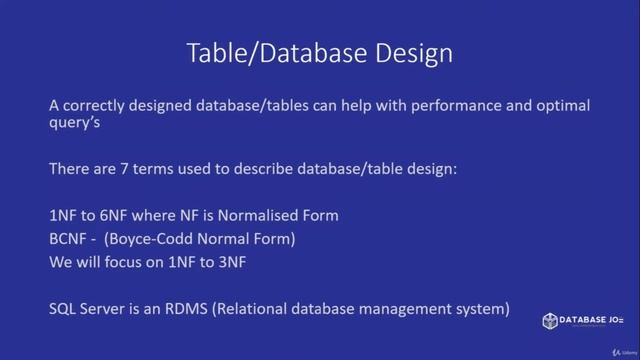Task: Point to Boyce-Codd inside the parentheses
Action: point(166,240)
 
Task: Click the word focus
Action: point(127,264)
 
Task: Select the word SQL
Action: point(64,310)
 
